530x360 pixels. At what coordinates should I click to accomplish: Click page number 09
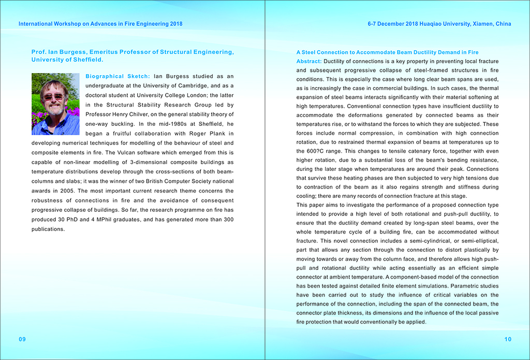pos(22,339)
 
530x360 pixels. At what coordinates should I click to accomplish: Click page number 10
pos(507,339)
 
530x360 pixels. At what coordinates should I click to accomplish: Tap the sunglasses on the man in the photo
pos(54,96)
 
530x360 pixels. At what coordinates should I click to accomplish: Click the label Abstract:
pos(309,61)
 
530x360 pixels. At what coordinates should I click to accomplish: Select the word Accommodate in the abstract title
pos(363,52)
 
